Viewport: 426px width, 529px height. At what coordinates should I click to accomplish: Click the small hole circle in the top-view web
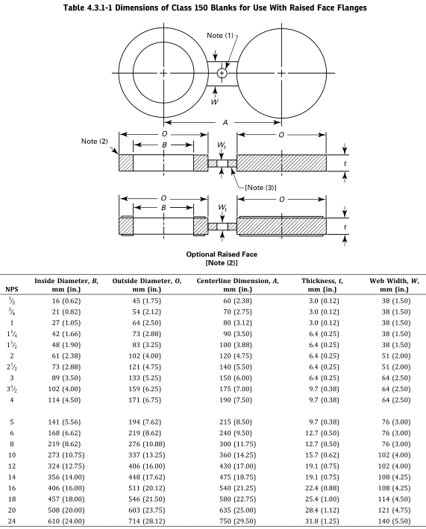(x=222, y=73)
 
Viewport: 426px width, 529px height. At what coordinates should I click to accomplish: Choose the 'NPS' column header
(x=11, y=289)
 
